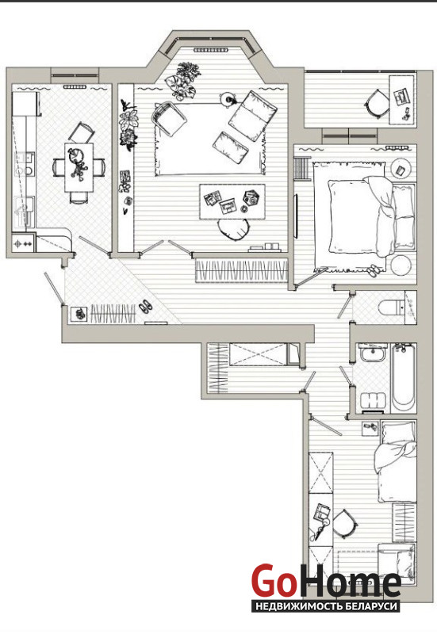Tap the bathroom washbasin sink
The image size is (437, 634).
[x=373, y=354]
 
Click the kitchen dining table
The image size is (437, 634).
[x=79, y=167]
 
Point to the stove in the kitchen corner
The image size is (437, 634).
[x=23, y=243]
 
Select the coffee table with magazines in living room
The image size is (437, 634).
[x=232, y=201]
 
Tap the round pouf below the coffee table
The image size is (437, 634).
[x=233, y=229]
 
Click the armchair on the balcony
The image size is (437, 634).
[x=377, y=104]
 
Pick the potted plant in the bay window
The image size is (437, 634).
[x=183, y=81]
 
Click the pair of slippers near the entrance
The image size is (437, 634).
[x=146, y=306]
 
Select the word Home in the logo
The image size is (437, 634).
[x=350, y=582]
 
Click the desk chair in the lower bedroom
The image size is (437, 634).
[x=344, y=524]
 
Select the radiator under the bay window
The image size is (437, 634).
[x=210, y=50]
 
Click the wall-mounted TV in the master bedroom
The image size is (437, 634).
[x=296, y=216]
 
